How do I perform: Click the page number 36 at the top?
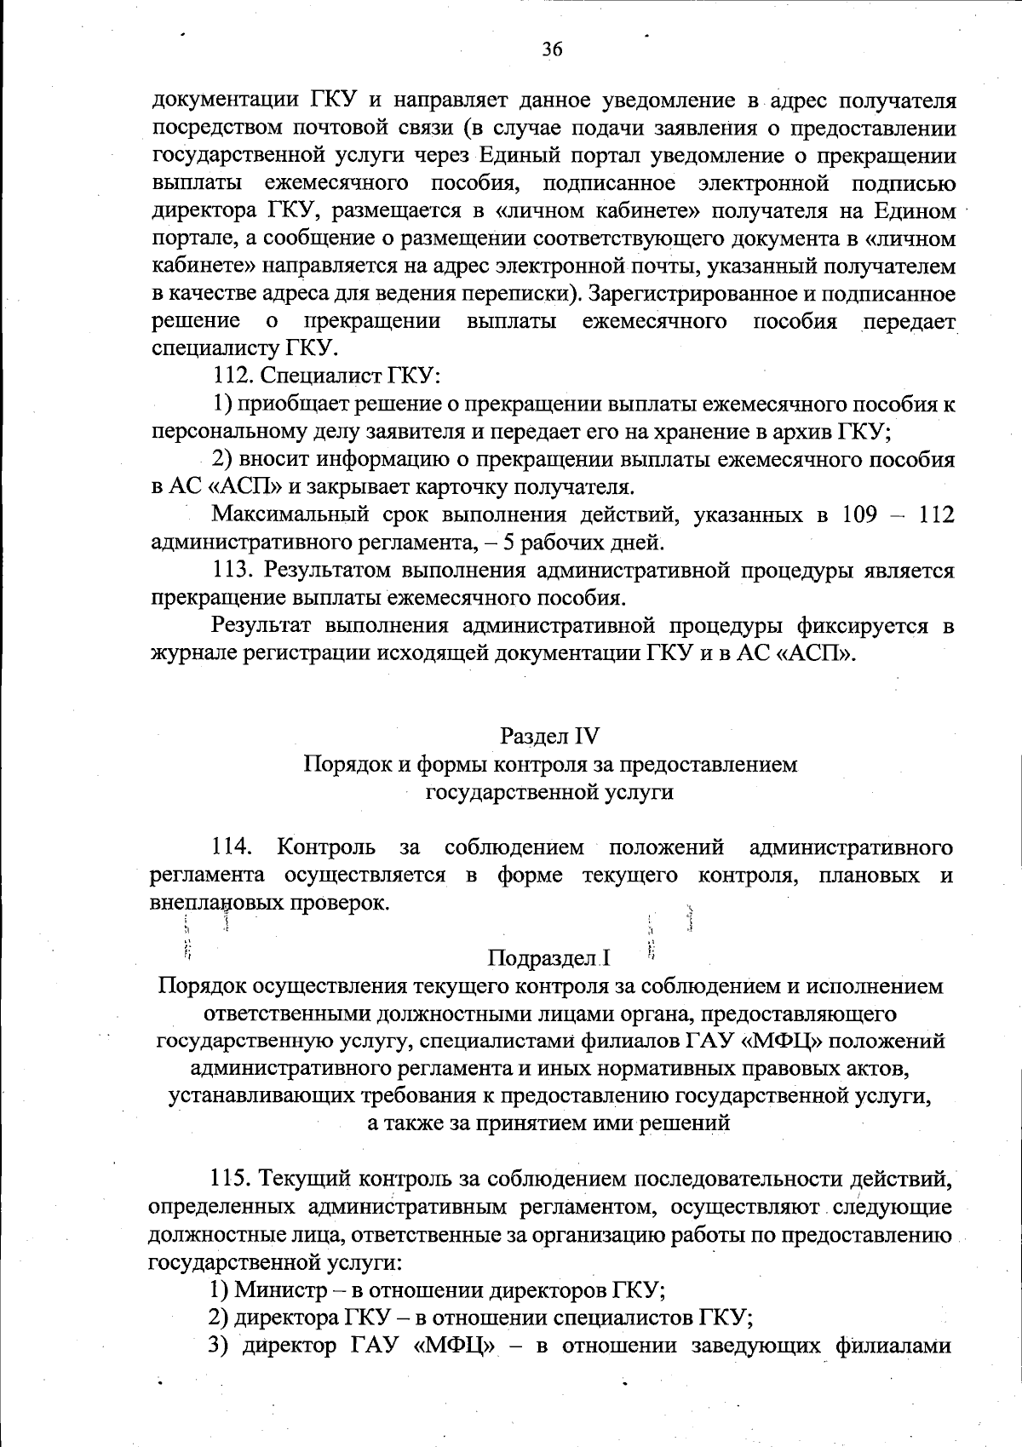pos(552,49)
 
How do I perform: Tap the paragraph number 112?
pos(231,376)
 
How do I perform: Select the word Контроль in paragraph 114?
pos(326,847)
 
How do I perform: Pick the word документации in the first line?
pos(223,101)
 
